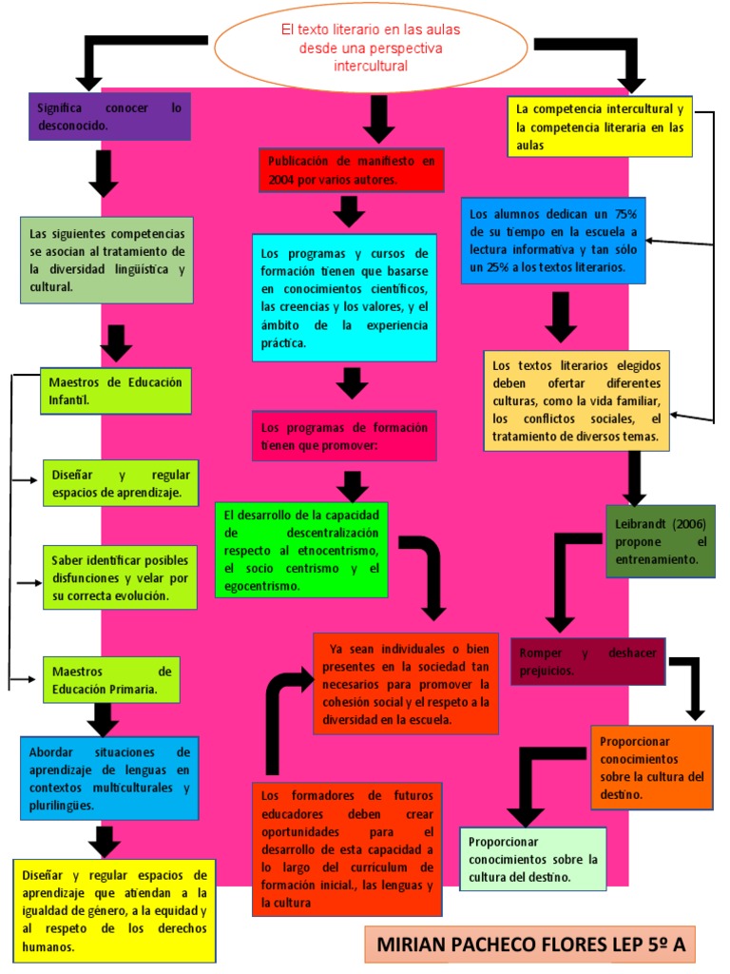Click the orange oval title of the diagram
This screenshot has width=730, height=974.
(x=371, y=48)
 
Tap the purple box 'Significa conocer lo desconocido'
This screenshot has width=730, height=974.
(x=109, y=116)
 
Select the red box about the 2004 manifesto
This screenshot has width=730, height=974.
(x=351, y=169)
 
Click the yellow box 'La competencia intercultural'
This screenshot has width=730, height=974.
(x=601, y=127)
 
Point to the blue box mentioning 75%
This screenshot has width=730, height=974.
(x=553, y=241)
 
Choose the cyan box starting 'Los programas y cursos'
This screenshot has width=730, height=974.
(x=344, y=298)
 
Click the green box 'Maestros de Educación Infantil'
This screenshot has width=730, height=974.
(x=116, y=391)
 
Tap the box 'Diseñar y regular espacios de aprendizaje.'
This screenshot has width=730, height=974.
(x=121, y=483)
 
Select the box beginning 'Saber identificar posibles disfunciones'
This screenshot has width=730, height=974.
(x=121, y=577)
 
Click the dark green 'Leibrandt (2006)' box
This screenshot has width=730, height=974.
(x=661, y=542)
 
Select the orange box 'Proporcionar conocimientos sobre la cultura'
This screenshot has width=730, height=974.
(x=651, y=767)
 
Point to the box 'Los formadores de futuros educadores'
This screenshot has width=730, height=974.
(x=347, y=848)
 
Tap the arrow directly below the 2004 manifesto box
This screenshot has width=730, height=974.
(x=350, y=211)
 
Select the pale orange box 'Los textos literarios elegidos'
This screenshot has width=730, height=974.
(x=576, y=399)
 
